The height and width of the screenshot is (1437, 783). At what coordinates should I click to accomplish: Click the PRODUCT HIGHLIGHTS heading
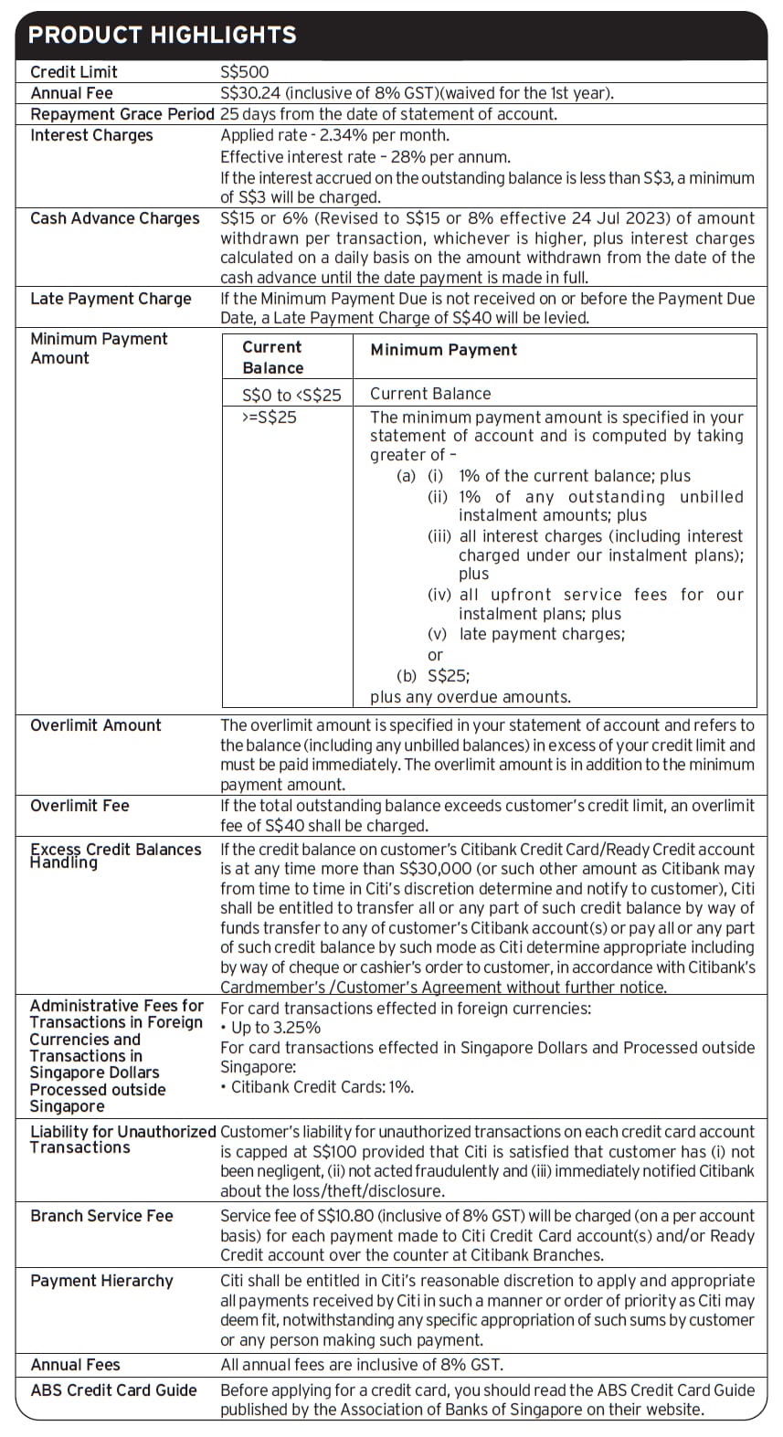(163, 36)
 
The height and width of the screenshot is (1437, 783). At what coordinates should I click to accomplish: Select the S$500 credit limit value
(245, 72)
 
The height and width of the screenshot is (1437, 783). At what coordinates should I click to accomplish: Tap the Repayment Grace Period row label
(122, 114)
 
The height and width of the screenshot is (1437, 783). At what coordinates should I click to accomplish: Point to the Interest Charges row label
(91, 135)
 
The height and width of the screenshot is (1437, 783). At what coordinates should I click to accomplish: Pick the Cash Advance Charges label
(114, 218)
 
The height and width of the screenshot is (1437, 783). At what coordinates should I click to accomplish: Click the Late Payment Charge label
(111, 299)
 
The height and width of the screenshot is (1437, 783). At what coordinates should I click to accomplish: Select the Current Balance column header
(272, 357)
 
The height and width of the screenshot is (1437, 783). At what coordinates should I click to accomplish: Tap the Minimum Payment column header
(443, 350)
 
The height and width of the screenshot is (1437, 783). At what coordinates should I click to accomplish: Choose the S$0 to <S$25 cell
(291, 395)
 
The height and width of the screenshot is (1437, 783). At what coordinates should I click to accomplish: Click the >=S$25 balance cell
(270, 417)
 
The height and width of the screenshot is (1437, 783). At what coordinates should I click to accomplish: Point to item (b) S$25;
(433, 676)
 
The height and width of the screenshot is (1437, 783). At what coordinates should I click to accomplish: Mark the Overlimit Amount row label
(95, 725)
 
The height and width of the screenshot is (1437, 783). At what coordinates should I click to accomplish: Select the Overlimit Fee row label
(79, 806)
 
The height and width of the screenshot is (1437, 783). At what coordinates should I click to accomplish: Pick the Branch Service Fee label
(101, 1216)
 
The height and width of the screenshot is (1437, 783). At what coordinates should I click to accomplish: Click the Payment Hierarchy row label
(101, 1281)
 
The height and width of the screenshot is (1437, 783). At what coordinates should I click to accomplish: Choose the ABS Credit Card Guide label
(113, 1390)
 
